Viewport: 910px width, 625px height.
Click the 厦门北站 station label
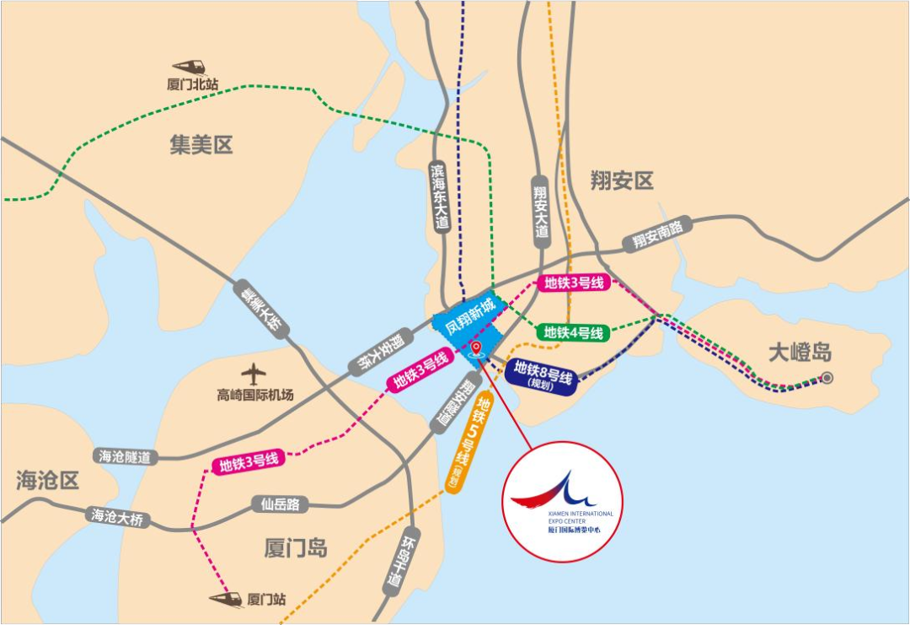point(193,84)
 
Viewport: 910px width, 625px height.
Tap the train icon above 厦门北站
point(190,66)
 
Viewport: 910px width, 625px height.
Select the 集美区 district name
point(201,144)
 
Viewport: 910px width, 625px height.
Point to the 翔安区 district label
point(622,180)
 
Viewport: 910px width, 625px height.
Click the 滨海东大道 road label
point(439,197)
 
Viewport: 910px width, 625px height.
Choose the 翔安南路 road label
point(657,234)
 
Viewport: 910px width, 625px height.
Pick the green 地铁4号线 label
point(573,332)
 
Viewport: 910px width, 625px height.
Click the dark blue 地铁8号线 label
point(543,373)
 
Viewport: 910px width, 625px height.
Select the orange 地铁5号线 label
point(468,445)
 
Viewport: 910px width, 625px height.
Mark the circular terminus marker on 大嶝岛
point(827,378)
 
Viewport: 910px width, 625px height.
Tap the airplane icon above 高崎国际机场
point(254,374)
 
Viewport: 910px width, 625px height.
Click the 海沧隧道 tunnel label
point(125,456)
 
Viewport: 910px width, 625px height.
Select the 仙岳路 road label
point(280,504)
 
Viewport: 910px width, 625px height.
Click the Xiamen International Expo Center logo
point(562,502)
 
